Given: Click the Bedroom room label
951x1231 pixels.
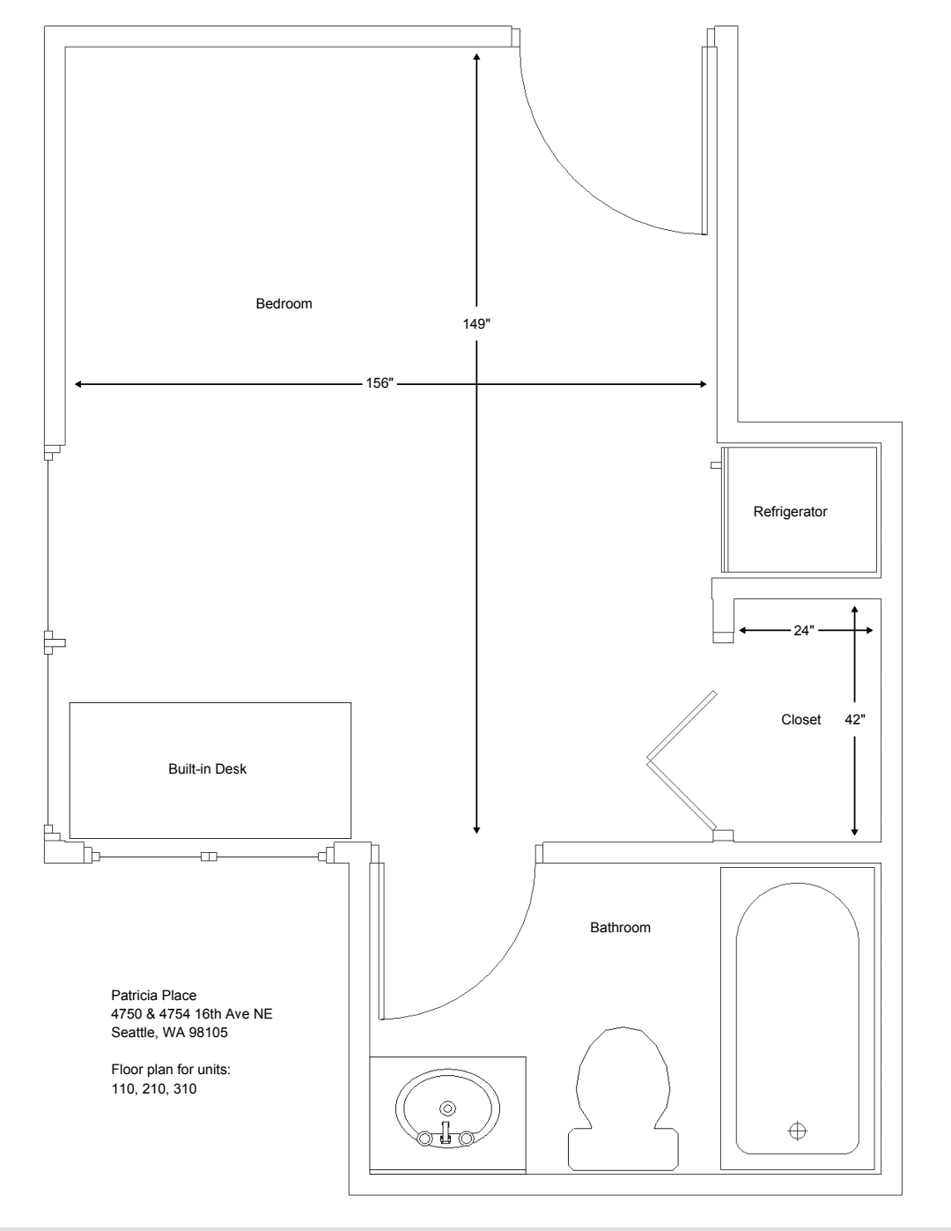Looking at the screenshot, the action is click(284, 304).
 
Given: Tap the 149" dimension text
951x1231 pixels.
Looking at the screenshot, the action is click(476, 324).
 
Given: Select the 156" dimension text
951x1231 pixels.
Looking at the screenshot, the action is click(379, 383).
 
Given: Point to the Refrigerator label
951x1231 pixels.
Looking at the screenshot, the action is click(790, 512).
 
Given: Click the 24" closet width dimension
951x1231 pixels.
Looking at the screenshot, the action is click(804, 631).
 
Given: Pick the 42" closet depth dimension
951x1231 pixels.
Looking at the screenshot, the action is click(855, 719).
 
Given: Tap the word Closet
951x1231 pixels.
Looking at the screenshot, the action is click(800, 719).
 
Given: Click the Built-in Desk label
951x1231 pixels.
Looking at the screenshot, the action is click(207, 768).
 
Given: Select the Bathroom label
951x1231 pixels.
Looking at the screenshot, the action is click(620, 927).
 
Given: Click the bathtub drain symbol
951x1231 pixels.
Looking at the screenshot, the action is click(797, 1131).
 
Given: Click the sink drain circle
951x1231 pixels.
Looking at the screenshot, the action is click(447, 1108).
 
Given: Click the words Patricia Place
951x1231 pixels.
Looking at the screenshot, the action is click(153, 996).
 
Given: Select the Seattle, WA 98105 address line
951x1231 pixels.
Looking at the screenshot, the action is click(169, 1032).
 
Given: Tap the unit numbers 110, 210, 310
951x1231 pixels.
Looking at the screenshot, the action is click(154, 1088).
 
